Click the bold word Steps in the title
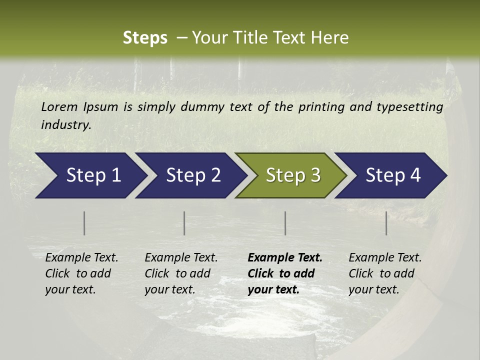[145, 38]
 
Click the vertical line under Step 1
[84, 223]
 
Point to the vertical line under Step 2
[184, 223]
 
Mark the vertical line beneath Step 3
[285, 223]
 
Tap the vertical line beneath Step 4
[386, 223]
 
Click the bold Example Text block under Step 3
[285, 273]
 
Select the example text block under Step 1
[81, 273]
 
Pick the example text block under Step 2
[181, 273]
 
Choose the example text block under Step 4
[385, 273]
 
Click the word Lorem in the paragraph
[59, 106]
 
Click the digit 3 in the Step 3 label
[315, 175]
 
